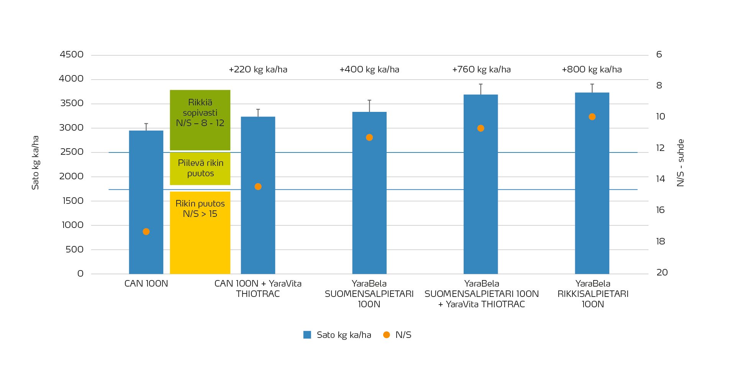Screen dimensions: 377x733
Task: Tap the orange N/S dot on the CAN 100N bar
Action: pos(146,231)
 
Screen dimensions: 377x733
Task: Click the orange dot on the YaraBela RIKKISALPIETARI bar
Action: pos(592,117)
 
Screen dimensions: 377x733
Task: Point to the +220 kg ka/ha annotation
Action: pos(258,70)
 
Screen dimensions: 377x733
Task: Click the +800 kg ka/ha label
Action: pos(592,70)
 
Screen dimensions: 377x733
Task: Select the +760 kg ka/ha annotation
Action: pos(481,70)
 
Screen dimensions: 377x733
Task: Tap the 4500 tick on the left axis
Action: pos(72,54)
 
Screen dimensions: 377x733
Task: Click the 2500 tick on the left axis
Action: pos(72,152)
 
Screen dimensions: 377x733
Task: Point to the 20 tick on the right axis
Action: pos(662,272)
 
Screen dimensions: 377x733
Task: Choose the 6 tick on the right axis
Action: pos(659,54)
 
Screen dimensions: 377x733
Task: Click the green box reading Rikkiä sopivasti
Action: pos(200,120)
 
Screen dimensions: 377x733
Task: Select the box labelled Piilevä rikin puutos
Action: pos(200,169)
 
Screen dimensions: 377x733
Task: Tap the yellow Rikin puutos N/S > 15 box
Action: pos(200,232)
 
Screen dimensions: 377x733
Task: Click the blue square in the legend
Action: pos(307,335)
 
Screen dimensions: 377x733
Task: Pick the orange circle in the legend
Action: pos(386,335)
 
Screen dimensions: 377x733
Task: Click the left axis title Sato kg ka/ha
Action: pos(35,162)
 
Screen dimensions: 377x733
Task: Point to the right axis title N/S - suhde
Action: pos(681,162)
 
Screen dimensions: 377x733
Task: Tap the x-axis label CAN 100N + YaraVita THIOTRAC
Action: pos(258,288)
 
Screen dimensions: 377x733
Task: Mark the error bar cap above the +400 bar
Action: pos(369,100)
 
